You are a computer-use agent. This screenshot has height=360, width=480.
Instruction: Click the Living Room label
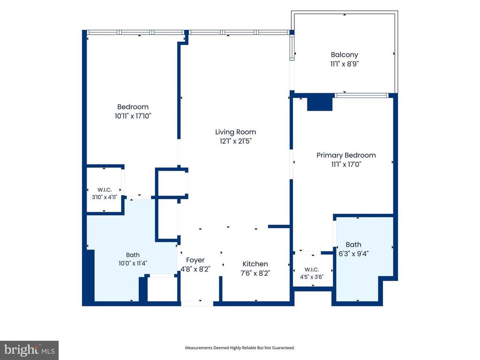(235, 132)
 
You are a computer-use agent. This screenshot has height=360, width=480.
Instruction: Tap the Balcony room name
(345, 55)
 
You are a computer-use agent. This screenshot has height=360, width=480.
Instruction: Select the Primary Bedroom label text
(346, 155)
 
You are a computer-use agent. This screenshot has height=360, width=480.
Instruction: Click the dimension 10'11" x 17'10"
(133, 116)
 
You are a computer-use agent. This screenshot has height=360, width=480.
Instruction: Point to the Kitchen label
(255, 264)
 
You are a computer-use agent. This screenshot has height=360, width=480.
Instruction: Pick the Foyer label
(195, 260)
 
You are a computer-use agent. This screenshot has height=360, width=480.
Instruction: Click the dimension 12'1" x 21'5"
(235, 141)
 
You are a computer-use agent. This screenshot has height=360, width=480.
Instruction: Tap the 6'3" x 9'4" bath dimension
(353, 254)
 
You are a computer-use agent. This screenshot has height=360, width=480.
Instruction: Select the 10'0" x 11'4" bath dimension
(133, 263)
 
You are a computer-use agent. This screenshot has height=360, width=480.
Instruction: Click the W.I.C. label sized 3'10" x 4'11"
(105, 190)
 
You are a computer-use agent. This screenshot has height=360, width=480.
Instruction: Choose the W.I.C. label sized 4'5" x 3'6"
(312, 270)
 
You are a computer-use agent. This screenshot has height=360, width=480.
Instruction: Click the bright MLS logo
(30, 350)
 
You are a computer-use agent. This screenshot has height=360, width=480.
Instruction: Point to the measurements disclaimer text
(240, 348)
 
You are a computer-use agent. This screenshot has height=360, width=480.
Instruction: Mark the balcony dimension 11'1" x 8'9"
(345, 64)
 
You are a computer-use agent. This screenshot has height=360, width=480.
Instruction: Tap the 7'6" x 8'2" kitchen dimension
(255, 273)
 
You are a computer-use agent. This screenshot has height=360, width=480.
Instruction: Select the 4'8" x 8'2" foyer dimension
(195, 270)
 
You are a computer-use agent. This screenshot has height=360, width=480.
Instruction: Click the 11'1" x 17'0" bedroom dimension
(346, 165)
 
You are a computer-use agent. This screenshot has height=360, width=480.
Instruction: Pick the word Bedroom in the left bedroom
(133, 107)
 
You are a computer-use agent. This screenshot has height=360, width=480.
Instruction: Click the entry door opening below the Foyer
(197, 304)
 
